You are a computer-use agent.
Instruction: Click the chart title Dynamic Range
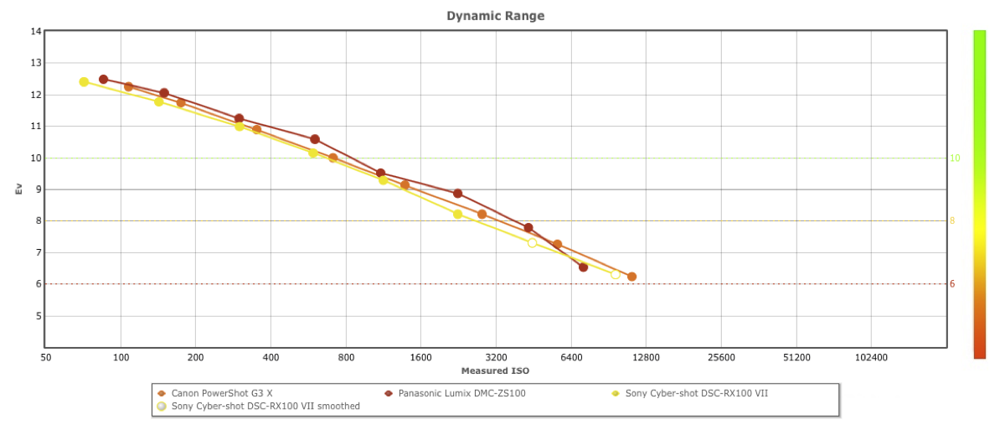(495, 16)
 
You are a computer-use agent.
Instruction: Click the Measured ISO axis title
(495, 371)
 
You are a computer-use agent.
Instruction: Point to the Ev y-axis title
(18, 189)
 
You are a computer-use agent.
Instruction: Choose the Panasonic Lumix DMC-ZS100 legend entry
(461, 393)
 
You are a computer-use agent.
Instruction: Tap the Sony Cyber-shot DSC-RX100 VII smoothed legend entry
(265, 407)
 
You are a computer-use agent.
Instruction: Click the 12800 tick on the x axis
(646, 357)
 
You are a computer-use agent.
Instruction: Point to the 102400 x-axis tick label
(871, 357)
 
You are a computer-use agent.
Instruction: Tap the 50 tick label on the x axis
(45, 357)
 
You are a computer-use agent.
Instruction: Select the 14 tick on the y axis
(35, 32)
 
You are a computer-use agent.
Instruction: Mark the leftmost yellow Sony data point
(84, 82)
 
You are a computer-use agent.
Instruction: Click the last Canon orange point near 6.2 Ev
(631, 277)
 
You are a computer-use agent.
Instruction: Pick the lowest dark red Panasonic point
(583, 267)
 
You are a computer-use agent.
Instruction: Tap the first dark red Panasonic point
(103, 80)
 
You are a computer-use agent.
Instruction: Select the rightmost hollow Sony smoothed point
(616, 274)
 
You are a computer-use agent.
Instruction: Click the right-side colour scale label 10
(954, 158)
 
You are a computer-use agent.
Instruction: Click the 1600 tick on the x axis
(420, 357)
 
